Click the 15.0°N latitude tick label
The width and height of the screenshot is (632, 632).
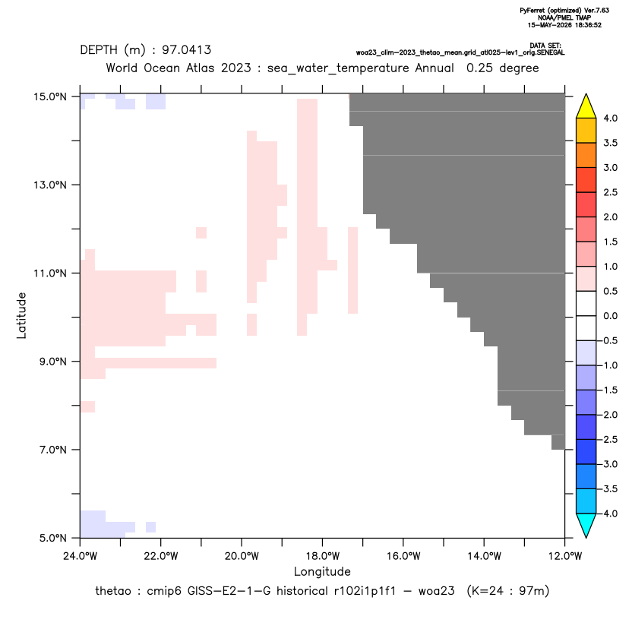click(50, 96)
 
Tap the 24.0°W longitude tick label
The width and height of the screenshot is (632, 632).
click(81, 556)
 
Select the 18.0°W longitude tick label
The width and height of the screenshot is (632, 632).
click(322, 556)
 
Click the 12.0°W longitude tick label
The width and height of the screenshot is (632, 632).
click(565, 556)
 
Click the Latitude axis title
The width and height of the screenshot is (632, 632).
click(21, 315)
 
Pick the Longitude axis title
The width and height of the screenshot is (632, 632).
click(322, 571)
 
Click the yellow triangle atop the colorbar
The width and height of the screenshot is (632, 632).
click(586, 106)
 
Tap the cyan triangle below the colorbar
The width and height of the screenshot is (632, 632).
click(586, 526)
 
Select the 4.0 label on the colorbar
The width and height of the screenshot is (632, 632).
click(610, 118)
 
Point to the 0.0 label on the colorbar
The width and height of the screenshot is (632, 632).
click(610, 316)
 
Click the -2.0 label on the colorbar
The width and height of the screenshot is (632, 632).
click(608, 415)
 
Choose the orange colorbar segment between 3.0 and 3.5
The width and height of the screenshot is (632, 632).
click(586, 155)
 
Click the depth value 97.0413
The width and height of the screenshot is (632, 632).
click(187, 50)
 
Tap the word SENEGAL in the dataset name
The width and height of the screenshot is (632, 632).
click(551, 53)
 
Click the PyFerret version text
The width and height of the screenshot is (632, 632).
click(564, 11)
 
